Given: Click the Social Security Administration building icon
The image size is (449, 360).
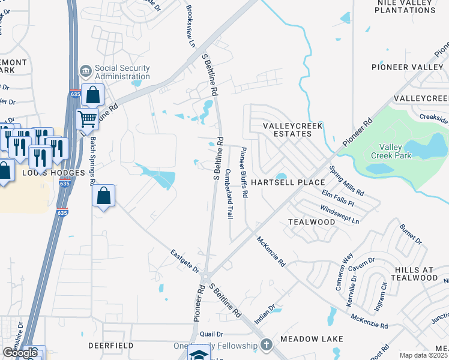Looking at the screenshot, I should [x=86, y=71].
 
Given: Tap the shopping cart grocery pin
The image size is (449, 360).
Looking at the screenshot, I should [x=88, y=118].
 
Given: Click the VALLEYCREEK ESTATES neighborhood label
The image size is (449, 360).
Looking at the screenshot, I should [x=294, y=130].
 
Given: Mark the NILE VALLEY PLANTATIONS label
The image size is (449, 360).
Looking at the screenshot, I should [x=405, y=7].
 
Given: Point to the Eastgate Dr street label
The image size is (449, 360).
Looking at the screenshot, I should [x=184, y=261].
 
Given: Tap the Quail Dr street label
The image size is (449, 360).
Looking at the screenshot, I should [x=211, y=334].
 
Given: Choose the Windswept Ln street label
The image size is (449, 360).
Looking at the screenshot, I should [x=340, y=216].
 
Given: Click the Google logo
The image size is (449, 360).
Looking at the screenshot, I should [x=20, y=353].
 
